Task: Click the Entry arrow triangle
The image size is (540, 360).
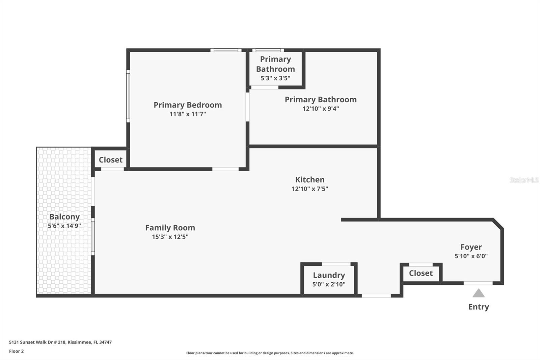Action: click(x=479, y=293)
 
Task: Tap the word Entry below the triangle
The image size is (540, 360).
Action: click(x=479, y=307)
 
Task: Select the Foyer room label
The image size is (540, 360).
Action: click(x=471, y=247)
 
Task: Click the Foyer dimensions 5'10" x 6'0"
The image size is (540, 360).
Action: click(x=471, y=256)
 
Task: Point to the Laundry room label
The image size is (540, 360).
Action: click(x=329, y=275)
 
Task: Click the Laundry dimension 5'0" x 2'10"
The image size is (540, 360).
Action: click(x=329, y=284)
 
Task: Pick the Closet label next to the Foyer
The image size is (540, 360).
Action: click(x=421, y=273)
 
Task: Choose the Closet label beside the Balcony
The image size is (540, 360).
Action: click(x=110, y=160)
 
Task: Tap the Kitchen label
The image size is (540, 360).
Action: click(x=310, y=180)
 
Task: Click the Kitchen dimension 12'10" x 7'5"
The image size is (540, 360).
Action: click(x=310, y=189)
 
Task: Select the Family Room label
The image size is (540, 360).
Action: click(x=170, y=228)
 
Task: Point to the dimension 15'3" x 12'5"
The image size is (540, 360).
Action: click(x=170, y=237)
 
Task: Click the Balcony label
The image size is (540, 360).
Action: click(x=64, y=217)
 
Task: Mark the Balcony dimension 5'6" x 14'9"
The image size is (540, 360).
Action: click(x=64, y=226)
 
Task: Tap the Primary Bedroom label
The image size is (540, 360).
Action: click(x=188, y=105)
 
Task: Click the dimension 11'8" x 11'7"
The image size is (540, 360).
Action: click(x=188, y=114)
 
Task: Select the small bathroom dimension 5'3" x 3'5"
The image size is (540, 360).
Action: click(x=275, y=78)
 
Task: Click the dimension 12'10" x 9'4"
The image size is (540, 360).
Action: click(x=321, y=109)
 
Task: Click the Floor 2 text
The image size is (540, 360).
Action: click(x=16, y=351)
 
